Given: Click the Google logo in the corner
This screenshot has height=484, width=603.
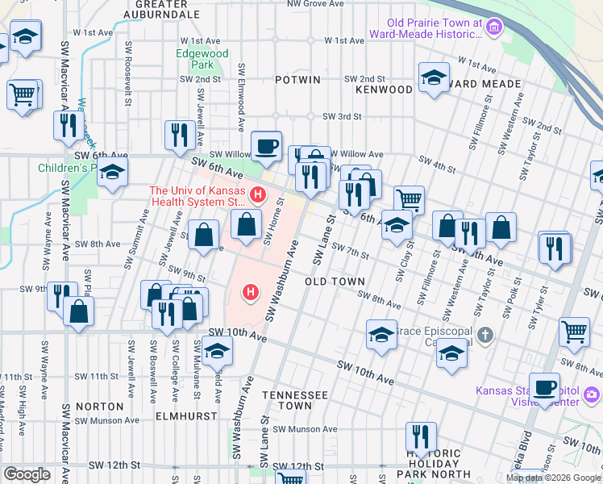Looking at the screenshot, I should [27, 474].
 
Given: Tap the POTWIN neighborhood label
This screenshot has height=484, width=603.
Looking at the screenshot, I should [297, 80].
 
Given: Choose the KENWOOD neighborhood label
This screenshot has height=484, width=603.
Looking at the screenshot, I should [384, 89].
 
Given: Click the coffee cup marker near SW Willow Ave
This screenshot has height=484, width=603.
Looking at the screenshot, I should [266, 146].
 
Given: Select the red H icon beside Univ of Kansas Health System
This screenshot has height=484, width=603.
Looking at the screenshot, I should [257, 194].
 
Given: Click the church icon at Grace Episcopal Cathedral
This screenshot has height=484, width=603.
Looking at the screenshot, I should [484, 334].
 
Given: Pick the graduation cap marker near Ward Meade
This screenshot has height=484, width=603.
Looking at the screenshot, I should [434, 78].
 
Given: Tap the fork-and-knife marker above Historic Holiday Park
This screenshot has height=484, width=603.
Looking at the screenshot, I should [420, 436].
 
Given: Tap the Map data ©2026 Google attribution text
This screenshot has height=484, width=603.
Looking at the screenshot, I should [553, 478].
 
